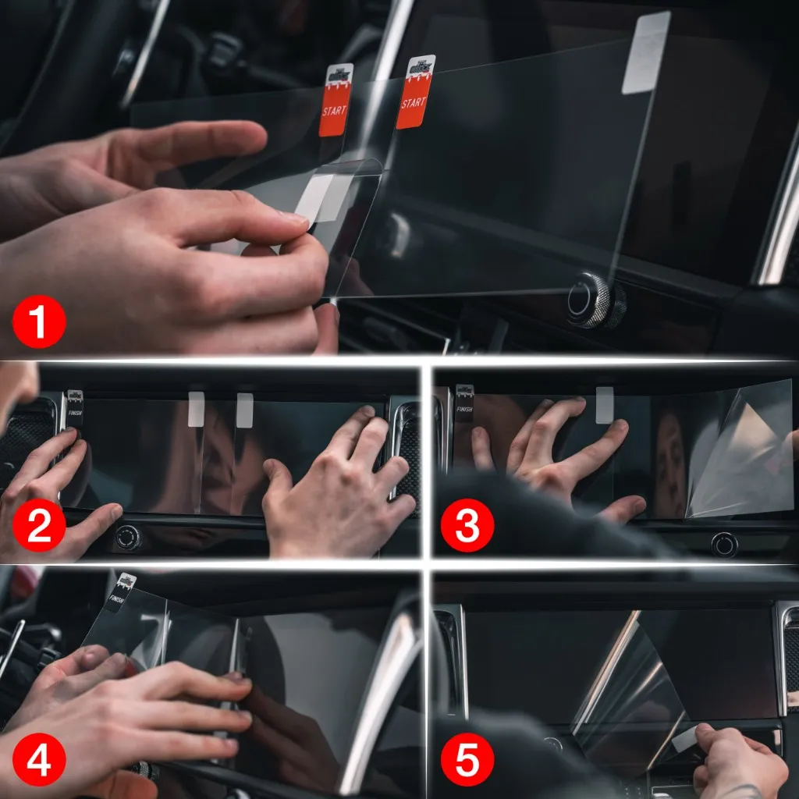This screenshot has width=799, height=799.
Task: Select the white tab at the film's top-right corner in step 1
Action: coord(645,53)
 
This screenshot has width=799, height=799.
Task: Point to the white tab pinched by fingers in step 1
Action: coord(316,196)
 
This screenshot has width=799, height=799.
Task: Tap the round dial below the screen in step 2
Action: coord(128,537)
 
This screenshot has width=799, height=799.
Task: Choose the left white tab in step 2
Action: coord(196,409)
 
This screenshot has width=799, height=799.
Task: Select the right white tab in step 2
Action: coord(244,410)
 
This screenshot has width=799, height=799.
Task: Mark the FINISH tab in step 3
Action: coord(464,403)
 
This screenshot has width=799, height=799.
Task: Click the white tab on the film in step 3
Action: coord(604,404)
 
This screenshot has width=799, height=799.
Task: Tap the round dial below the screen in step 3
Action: coord(724,544)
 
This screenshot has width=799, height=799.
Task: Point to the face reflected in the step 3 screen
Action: coord(669,468)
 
